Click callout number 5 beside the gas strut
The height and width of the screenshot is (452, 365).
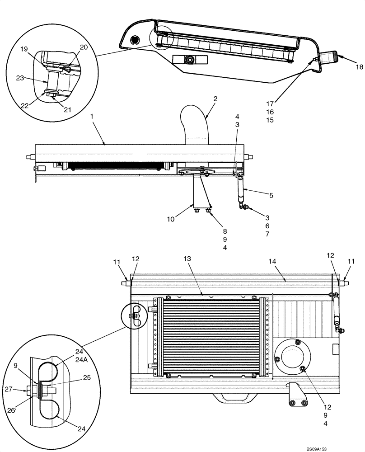coord(271,195)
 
